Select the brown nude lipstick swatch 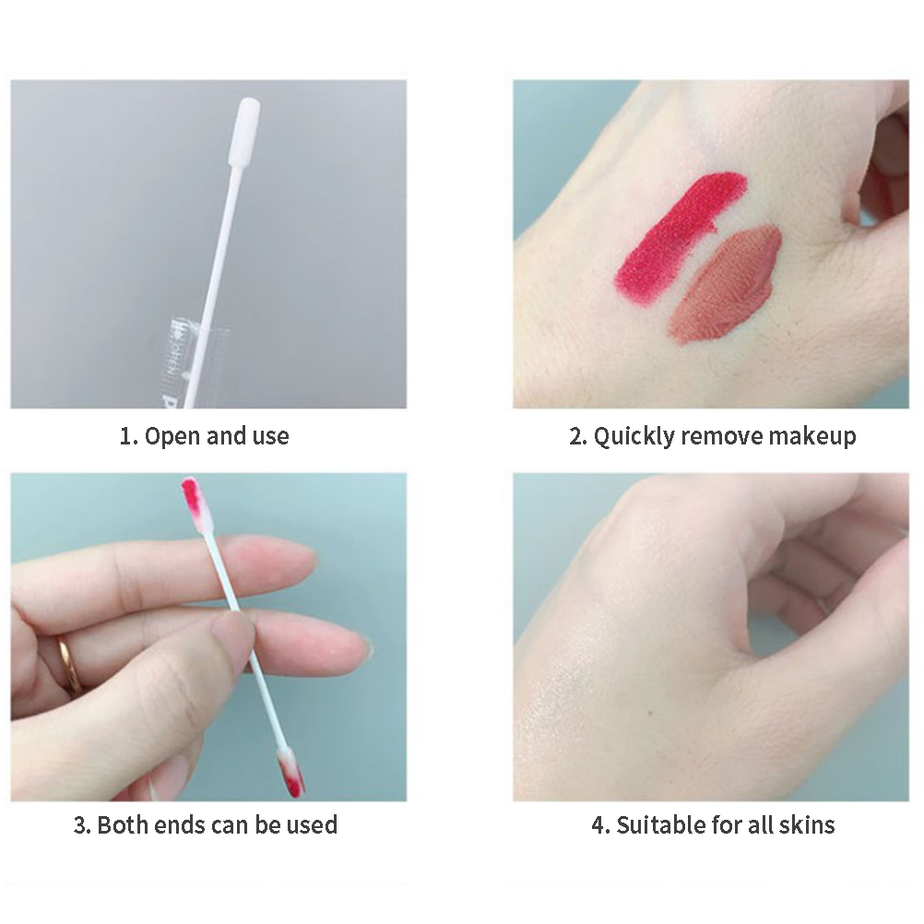(725, 285)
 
